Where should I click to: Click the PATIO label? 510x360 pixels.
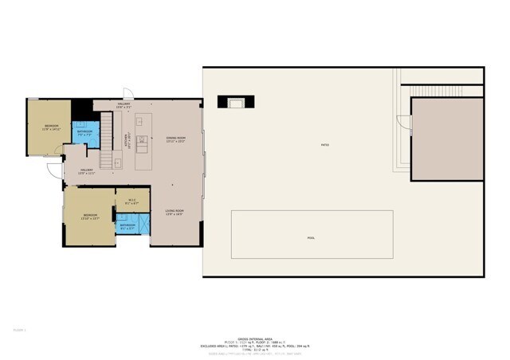point(324,145)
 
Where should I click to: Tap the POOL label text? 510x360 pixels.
point(311,238)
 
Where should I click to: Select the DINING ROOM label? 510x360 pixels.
point(176,139)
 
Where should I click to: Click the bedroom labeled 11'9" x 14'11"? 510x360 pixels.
point(51,127)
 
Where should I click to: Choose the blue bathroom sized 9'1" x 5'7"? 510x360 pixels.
point(127,226)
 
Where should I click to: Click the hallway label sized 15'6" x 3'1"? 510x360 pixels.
point(124,104)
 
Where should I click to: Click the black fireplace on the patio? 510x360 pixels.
point(237,102)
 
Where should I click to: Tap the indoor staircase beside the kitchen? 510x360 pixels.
point(107,130)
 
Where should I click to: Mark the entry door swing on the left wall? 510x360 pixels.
point(53,170)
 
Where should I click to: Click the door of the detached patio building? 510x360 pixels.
point(404,123)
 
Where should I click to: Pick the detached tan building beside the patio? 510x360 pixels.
point(447,139)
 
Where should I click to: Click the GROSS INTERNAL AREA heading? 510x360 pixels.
point(254,338)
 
